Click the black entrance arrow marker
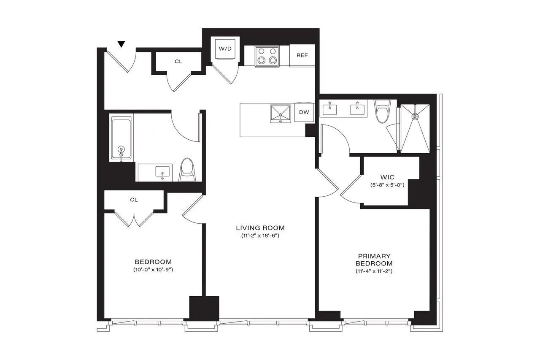coord(121,44)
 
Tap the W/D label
coord(225,49)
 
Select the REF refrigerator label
coord(302,55)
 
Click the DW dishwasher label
coord(304,112)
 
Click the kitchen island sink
coord(281,114)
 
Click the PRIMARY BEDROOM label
coord(374,260)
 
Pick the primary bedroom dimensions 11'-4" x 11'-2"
coord(374,271)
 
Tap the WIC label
coord(386,178)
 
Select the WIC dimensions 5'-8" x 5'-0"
coord(386,185)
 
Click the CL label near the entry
coord(178,62)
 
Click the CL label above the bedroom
coord(134,200)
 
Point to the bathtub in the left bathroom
coord(121,138)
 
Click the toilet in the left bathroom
coord(186,170)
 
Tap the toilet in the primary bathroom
coord(383,111)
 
